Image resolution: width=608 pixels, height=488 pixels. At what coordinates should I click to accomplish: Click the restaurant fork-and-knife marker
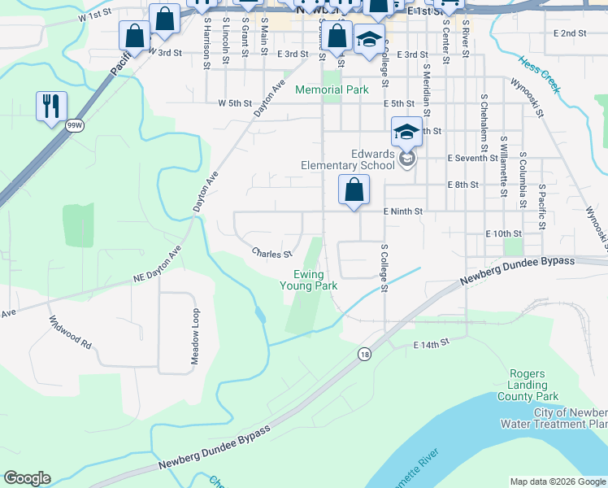point(51,106)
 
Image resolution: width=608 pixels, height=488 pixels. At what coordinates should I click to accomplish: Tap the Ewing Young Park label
point(308,280)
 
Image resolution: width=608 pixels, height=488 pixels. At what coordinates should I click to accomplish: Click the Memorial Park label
point(332,89)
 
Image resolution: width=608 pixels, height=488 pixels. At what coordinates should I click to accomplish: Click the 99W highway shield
point(75,125)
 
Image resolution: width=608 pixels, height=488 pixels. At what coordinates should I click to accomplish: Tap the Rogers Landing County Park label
point(533,385)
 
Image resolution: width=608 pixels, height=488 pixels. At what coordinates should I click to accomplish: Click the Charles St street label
point(271,254)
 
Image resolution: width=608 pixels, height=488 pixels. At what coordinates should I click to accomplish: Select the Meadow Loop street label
point(195,337)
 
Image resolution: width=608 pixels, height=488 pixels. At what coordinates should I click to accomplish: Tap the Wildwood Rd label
point(70,331)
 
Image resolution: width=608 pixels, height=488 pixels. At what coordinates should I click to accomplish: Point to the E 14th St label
point(432,345)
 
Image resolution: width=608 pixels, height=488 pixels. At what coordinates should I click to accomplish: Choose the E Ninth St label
point(404,211)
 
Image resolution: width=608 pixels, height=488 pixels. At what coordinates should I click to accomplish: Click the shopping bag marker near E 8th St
point(354,190)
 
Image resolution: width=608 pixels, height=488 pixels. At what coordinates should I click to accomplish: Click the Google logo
point(27,478)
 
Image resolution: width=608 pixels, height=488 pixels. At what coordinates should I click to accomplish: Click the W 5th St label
point(235,103)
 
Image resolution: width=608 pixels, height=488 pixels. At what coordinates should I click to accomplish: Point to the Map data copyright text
point(558,481)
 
